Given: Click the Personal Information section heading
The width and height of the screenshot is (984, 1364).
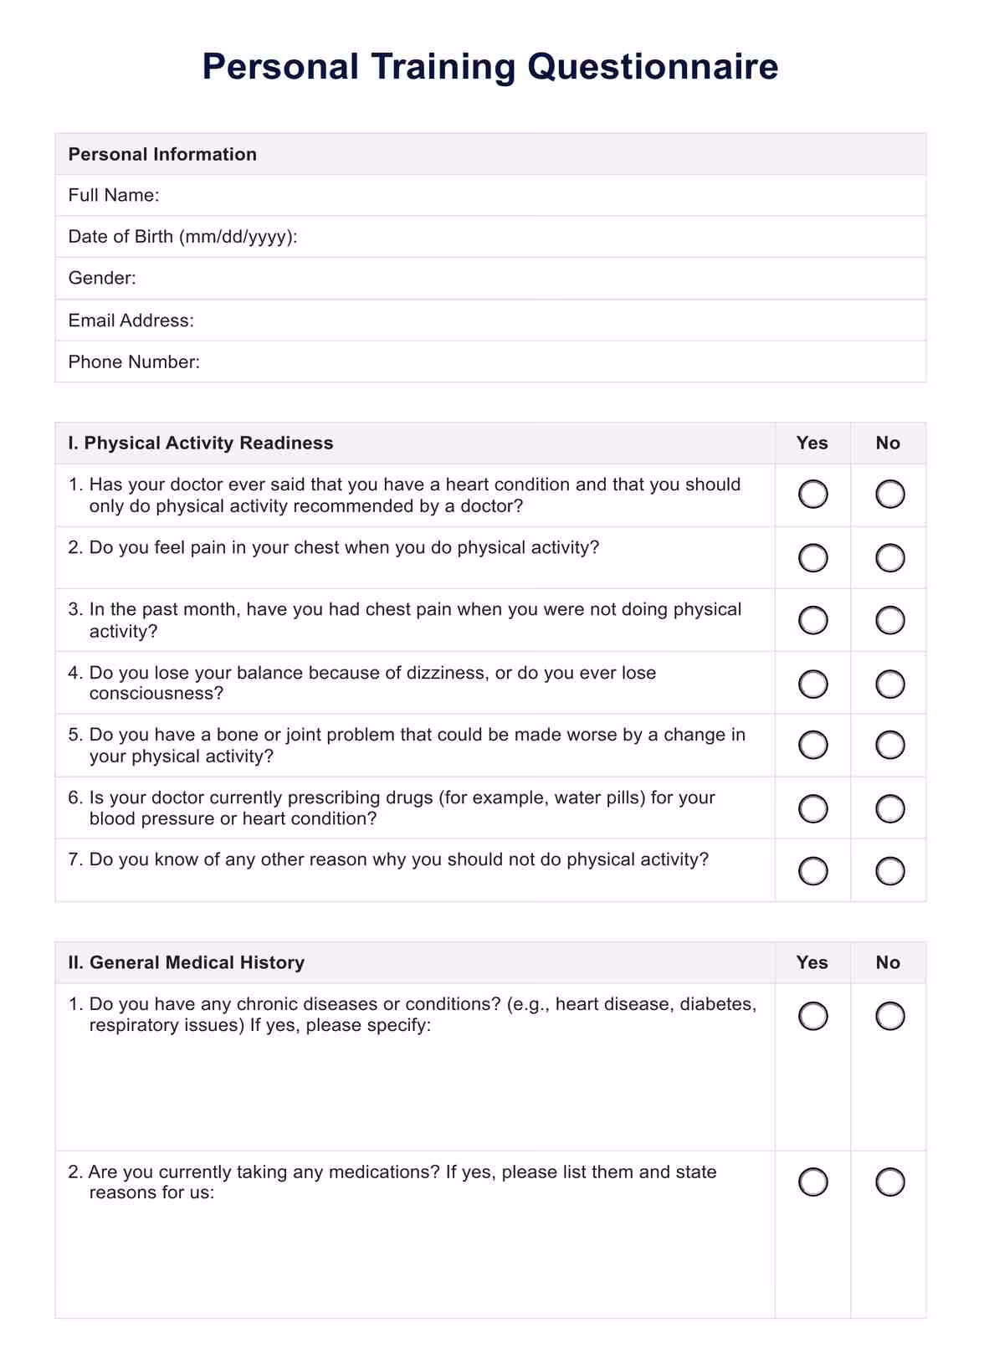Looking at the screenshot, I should [x=162, y=154].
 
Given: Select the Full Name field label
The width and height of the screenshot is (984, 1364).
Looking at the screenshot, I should [x=114, y=195].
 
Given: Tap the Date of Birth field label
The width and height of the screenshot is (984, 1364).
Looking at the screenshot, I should [x=182, y=237].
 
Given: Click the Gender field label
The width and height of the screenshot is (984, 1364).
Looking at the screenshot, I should [x=102, y=278].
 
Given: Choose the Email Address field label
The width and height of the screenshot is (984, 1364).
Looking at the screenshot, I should [x=131, y=320].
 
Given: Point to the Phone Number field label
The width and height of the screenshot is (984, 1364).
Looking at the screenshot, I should [x=134, y=362].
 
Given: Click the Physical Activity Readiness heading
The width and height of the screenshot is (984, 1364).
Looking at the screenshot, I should [x=201, y=443].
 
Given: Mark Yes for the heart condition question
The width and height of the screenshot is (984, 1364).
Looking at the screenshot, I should [x=812, y=495].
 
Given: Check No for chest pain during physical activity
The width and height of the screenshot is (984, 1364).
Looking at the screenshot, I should [x=889, y=557].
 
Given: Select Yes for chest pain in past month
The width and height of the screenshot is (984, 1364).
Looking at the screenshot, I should [x=812, y=620].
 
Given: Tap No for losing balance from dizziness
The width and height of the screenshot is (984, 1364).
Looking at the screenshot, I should [x=889, y=684].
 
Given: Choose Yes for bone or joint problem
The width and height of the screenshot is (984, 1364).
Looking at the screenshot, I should [x=812, y=745].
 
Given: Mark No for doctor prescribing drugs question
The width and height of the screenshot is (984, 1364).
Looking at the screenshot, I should [x=889, y=808].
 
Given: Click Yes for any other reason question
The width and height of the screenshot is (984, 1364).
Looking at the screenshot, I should [x=812, y=871].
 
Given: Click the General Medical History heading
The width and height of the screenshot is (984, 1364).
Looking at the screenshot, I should [x=187, y=962].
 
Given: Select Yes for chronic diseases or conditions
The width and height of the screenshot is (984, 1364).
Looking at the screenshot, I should [x=812, y=1016].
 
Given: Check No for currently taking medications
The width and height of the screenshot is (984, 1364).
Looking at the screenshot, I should [x=889, y=1182].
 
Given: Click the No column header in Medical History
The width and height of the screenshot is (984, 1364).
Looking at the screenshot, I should [x=888, y=962].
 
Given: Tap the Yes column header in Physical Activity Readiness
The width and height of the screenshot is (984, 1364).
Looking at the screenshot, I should [x=812, y=443].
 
